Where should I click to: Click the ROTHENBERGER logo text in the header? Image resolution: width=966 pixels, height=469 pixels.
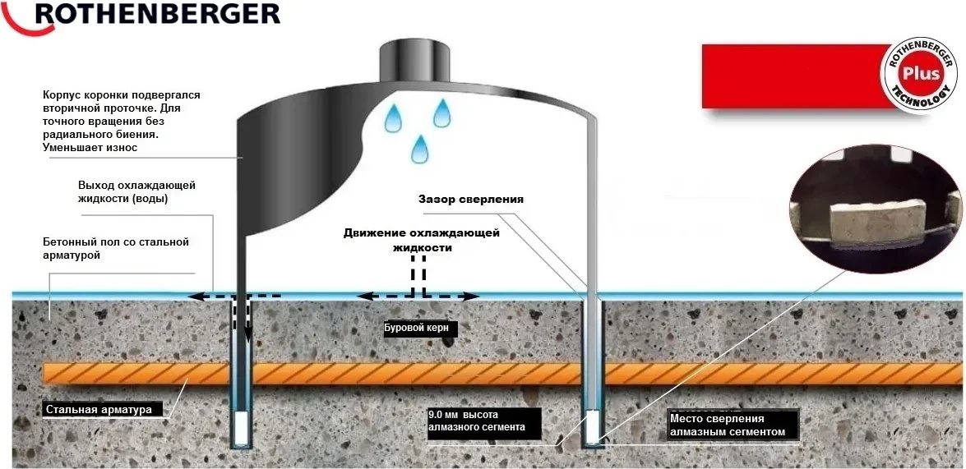(157, 13)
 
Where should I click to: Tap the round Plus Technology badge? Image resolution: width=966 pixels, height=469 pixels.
(921, 75)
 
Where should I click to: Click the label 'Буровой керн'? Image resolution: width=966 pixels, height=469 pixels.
(412, 329)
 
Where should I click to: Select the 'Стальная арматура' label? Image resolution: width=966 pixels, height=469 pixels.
(99, 410)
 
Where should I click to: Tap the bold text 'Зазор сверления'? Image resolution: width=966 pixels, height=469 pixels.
(471, 200)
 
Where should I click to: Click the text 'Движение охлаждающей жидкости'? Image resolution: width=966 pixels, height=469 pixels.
(422, 240)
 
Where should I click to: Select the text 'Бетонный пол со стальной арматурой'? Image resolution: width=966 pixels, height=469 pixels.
(116, 248)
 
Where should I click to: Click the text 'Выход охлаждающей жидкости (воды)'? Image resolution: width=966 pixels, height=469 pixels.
(136, 192)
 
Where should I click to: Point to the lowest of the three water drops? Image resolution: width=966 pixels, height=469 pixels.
(420, 149)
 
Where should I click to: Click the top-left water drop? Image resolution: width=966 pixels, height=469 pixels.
(393, 117)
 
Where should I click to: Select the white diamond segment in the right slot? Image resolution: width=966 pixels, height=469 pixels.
(592, 427)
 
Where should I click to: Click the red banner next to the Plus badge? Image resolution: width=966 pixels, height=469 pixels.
(795, 76)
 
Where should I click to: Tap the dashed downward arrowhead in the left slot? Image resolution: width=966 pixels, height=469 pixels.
(247, 335)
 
